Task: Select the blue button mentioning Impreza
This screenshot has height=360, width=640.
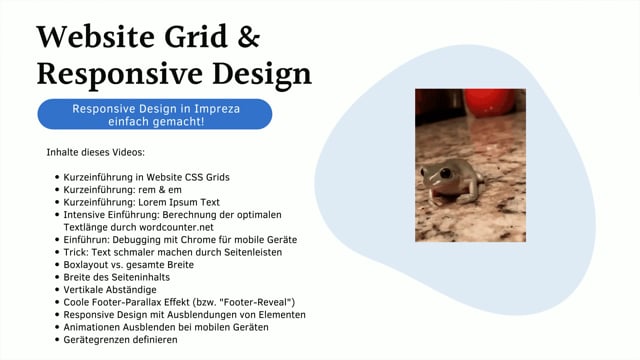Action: click(x=154, y=114)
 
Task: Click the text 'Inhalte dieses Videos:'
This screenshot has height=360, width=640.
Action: click(x=95, y=152)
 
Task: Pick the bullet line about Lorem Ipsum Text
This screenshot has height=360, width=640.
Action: click(x=141, y=202)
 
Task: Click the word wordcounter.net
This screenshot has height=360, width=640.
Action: click(x=176, y=227)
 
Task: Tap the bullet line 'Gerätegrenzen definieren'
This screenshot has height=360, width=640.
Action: click(x=125, y=340)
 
